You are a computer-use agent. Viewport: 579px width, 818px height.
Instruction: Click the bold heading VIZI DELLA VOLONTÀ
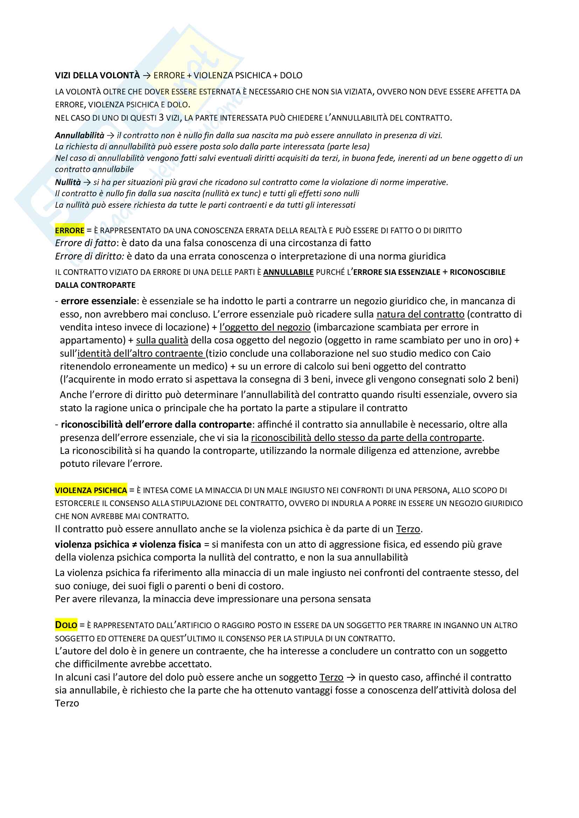coord(97,76)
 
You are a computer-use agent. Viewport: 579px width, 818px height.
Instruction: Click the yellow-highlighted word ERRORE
coord(70,230)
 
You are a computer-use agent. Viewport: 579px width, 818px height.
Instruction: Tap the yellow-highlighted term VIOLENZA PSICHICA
coord(91,490)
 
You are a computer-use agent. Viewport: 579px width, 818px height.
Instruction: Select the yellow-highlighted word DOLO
coord(66,625)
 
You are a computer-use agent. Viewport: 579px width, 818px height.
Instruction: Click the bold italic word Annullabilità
coord(79,135)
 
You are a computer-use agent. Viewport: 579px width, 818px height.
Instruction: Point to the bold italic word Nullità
coord(68,182)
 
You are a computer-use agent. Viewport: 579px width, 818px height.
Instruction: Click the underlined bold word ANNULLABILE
coord(288,272)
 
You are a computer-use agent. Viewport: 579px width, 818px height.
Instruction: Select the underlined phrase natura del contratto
coord(420,314)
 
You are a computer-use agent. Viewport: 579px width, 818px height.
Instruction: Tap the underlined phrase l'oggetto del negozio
coord(265,327)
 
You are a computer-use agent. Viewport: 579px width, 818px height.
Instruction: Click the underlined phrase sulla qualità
coord(162,340)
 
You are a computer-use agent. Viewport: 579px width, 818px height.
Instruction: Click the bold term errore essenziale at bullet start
coord(98,301)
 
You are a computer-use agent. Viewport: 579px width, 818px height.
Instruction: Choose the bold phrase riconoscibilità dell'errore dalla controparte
coord(156,424)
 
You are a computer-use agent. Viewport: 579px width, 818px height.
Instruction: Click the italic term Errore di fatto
coord(85,243)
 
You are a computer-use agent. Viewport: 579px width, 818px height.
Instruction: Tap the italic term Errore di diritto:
coord(90,256)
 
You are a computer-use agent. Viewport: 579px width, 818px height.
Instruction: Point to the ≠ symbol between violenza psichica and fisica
coord(134,545)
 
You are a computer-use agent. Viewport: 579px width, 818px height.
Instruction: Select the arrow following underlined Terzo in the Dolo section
coord(351,677)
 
